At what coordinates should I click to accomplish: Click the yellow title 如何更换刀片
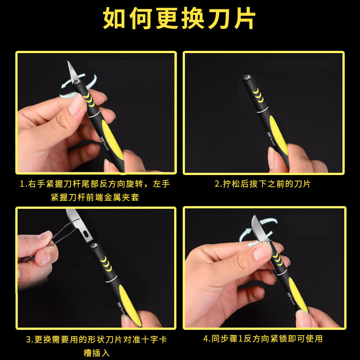(x=179, y=18)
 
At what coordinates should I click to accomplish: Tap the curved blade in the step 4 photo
(x=259, y=228)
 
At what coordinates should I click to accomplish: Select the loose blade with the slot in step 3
(x=80, y=225)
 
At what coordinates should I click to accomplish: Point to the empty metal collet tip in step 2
(x=247, y=77)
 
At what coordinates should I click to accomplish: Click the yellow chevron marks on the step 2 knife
(x=258, y=95)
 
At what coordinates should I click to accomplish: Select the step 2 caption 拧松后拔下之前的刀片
(x=262, y=184)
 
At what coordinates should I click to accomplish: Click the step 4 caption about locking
(x=263, y=339)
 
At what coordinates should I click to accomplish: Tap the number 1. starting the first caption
(x=24, y=184)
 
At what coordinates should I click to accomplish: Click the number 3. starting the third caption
(x=30, y=340)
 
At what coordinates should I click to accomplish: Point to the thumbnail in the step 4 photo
(x=262, y=252)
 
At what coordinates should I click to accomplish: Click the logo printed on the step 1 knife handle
(x=104, y=144)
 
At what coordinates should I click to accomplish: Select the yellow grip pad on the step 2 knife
(x=279, y=135)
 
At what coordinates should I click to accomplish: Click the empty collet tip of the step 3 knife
(x=94, y=246)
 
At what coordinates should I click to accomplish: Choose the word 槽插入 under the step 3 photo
(x=96, y=353)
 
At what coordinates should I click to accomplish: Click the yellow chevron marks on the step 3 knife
(x=106, y=264)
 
